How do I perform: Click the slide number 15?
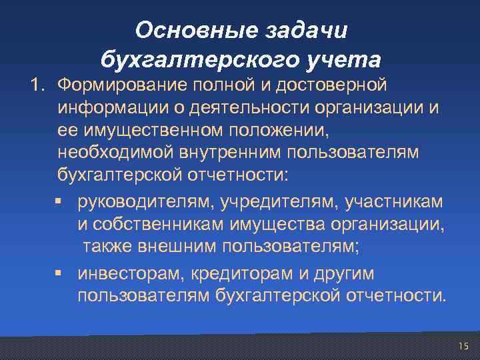463,345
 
